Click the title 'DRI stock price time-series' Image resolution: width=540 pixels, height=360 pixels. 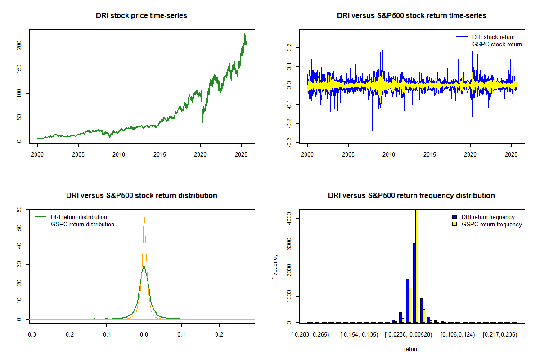(x=141, y=15)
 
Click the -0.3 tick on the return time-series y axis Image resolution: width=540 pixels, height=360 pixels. (x=288, y=143)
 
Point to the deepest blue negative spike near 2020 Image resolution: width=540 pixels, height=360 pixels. (x=472, y=139)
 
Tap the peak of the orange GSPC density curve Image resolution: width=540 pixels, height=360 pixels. (x=144, y=216)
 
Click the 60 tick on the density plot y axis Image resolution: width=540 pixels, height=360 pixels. (x=19, y=209)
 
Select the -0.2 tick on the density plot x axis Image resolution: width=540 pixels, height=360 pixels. (x=68, y=334)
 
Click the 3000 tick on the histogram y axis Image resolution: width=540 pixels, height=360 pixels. (x=288, y=244)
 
